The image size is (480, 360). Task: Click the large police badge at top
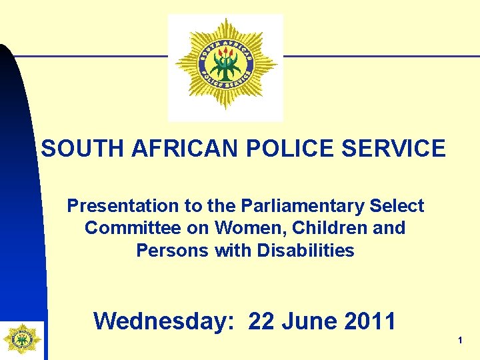(226, 65)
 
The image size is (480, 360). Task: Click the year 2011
(371, 321)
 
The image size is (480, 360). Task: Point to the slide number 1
(460, 341)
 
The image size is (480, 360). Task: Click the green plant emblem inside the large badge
(226, 65)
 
